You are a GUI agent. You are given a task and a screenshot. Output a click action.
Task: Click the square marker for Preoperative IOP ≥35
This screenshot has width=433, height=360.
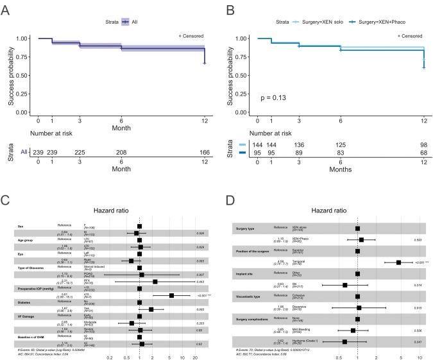[x=171, y=278]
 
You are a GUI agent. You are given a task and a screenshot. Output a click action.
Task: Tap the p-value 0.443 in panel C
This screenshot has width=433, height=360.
[x=201, y=264]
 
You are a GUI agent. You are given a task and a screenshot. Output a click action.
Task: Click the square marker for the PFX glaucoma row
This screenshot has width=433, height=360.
[x=155, y=264]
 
